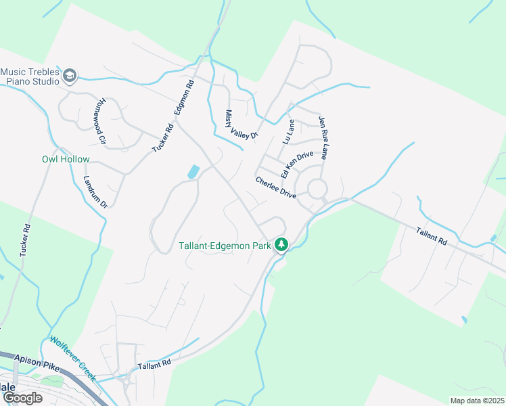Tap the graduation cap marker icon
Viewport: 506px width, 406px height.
coord(70,76)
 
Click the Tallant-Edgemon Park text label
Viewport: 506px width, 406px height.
coord(226,246)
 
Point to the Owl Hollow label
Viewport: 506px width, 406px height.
coord(66,160)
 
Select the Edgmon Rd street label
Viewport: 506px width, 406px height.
coord(184,101)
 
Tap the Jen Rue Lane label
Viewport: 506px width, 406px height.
coord(327,137)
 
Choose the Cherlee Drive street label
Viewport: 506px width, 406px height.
coord(275,187)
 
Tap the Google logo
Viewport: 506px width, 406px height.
coord(22,397)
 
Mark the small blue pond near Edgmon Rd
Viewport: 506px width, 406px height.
coord(193,173)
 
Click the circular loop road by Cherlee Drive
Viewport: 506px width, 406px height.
coord(317,188)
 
